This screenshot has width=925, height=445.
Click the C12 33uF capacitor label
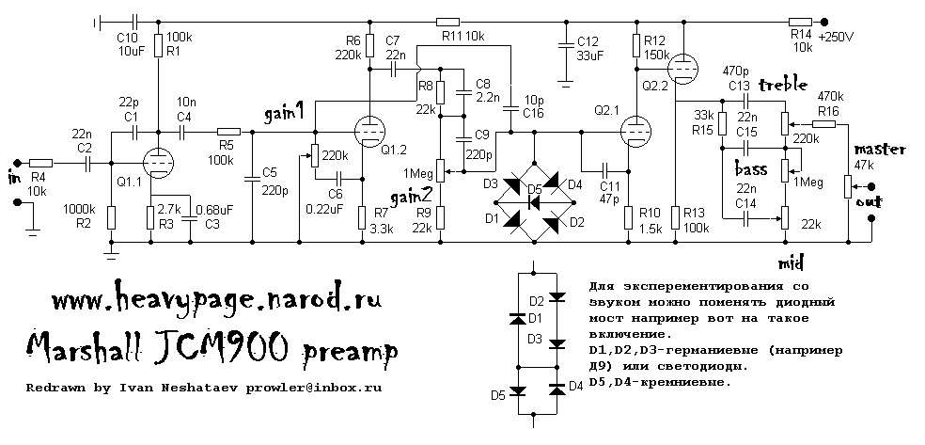[x=587, y=48]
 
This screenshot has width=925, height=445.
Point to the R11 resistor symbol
[x=447, y=22]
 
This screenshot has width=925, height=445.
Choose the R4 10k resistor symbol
[x=40, y=162]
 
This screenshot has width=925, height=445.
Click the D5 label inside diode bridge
[x=535, y=189]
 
